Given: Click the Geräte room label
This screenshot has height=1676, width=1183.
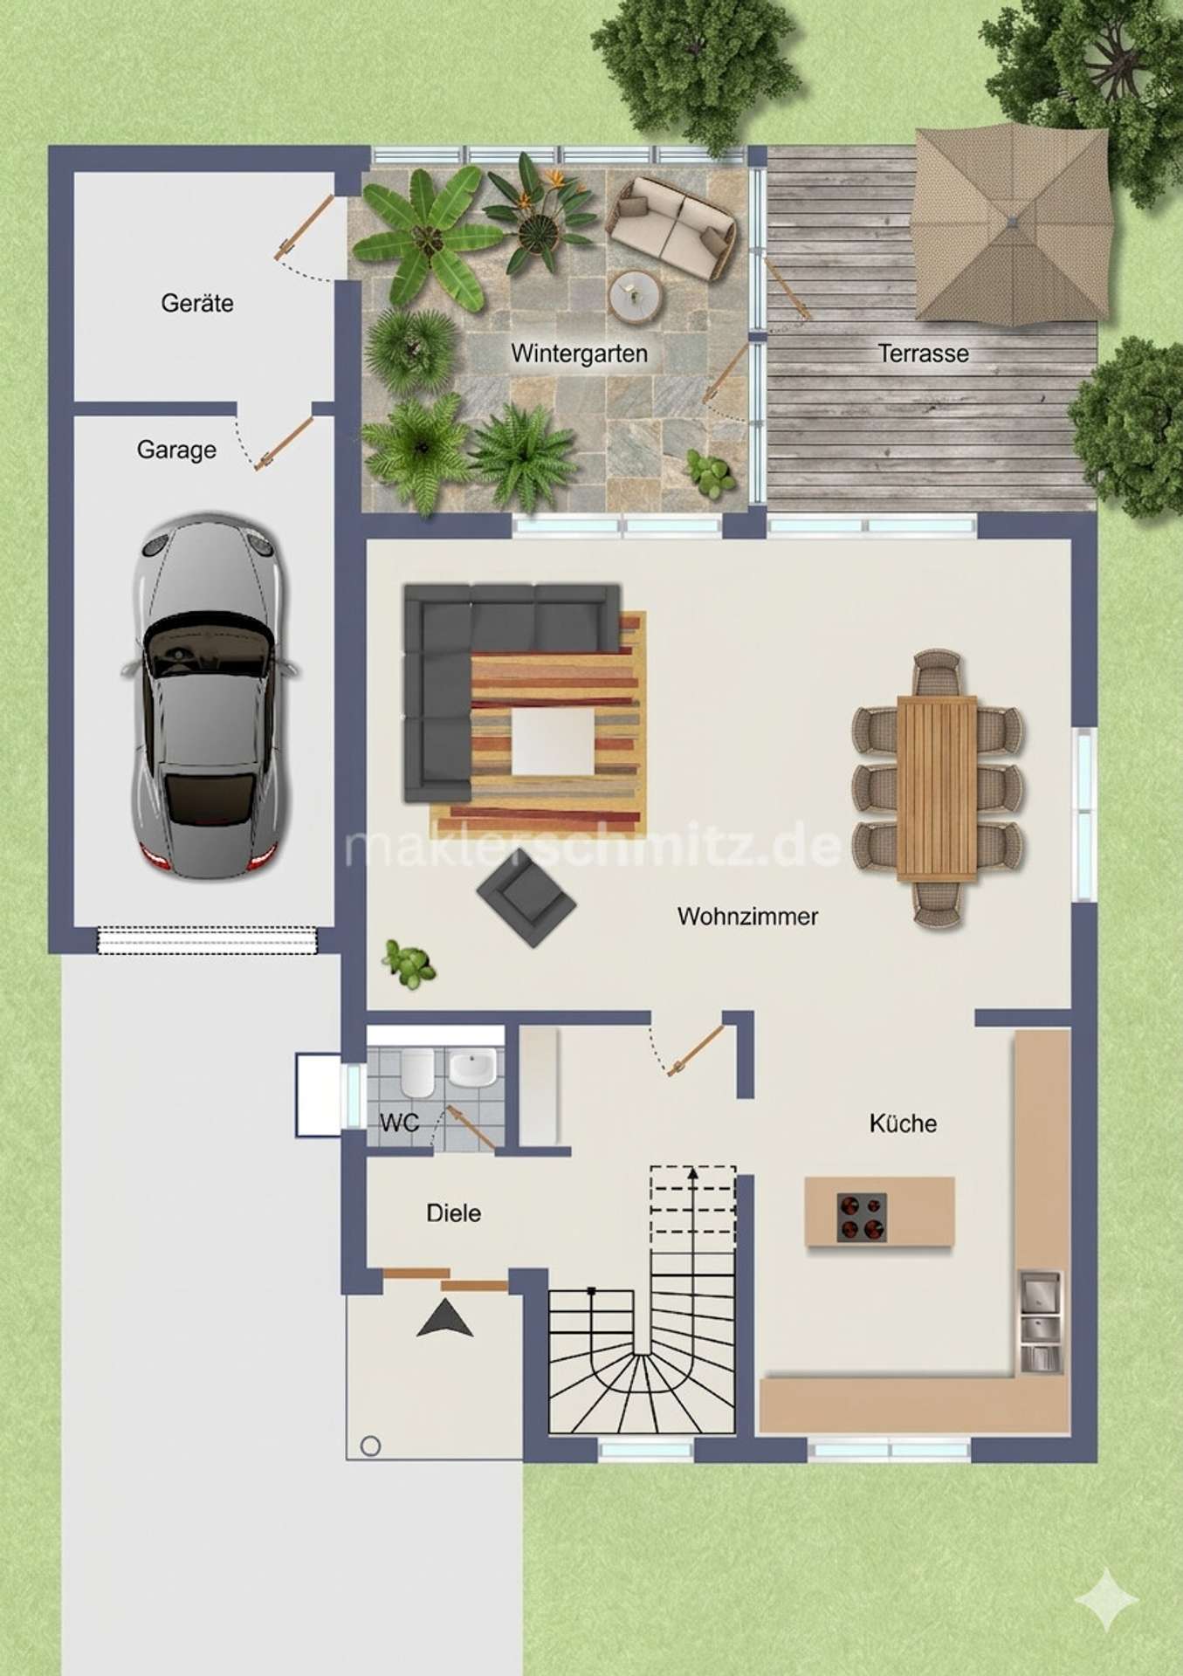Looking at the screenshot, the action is click(197, 304).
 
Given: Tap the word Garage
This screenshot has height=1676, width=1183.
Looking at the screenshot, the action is click(176, 450).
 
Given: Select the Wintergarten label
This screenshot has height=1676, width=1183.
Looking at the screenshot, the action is click(579, 354).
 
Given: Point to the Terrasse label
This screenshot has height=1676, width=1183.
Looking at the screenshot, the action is click(923, 354).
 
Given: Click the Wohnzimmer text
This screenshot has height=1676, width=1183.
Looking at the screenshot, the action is click(747, 917).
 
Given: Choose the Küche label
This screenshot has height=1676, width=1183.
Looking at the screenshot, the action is click(903, 1123).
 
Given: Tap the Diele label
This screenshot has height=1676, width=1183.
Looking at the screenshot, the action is click(453, 1212).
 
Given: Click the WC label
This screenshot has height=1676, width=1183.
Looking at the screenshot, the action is click(399, 1123).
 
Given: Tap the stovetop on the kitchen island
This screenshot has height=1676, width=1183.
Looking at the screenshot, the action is click(862, 1217).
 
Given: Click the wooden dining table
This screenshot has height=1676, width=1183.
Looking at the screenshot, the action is click(937, 787).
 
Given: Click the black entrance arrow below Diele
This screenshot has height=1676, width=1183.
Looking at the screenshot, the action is click(444, 1318).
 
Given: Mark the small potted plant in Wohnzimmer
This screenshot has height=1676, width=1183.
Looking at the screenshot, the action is click(409, 964).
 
